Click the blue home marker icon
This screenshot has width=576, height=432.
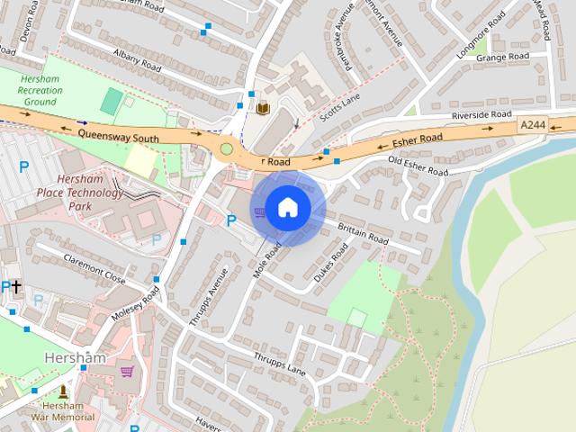coord(287,208)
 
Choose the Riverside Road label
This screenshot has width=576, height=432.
coord(481,115)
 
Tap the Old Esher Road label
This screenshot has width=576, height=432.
coord(418,166)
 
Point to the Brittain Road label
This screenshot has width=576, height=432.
coord(363,234)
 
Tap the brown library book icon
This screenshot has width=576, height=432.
coord(263,109)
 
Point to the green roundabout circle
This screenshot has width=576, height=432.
coord(227,148)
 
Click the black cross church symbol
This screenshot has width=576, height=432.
coord(16,286)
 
